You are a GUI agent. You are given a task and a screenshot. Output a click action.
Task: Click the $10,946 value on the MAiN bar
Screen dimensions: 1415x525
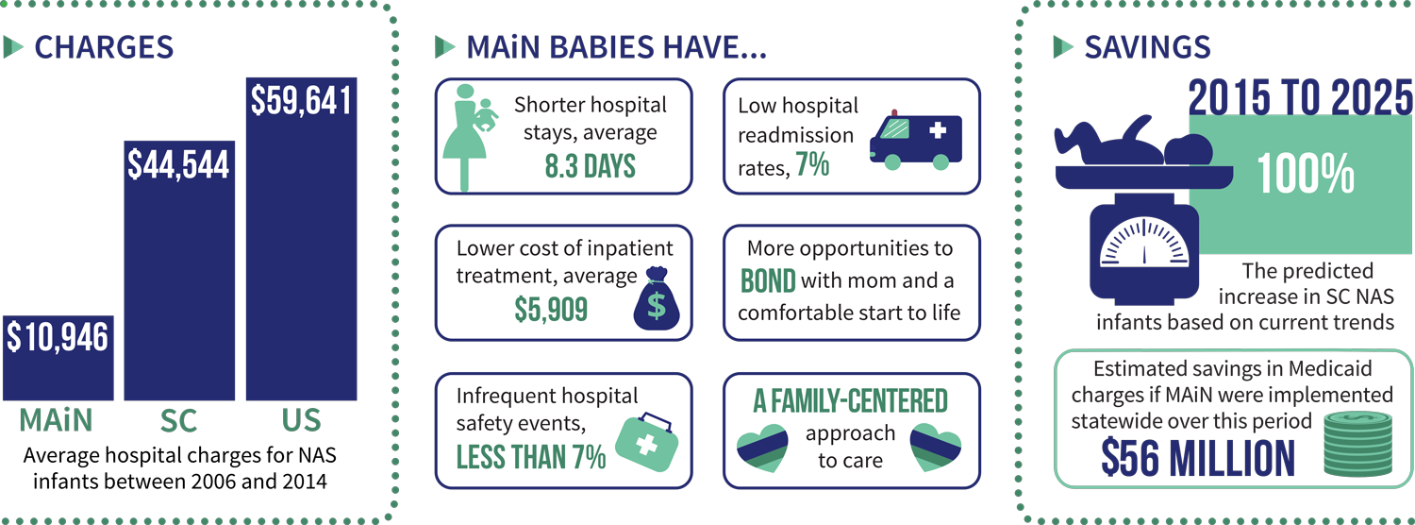tap(58, 337)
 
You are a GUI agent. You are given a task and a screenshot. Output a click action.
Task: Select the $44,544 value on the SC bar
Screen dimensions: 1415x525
tap(179, 165)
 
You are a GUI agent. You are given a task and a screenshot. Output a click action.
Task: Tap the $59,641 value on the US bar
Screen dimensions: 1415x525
tap(301, 101)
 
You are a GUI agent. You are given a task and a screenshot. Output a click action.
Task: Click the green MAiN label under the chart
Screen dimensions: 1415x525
tap(57, 420)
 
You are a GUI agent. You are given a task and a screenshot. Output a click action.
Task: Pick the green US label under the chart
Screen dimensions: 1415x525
tap(301, 420)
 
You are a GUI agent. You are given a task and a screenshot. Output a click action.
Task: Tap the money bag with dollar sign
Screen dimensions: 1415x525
tap(657, 298)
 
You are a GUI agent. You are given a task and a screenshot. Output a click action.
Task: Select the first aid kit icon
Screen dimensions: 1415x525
tap(647, 442)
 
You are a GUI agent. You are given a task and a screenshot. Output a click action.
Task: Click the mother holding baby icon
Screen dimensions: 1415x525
tap(470, 137)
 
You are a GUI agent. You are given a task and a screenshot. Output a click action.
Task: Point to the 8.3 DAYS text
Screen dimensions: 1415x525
tap(590, 166)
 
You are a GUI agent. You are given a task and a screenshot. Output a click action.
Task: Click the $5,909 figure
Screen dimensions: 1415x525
tap(551, 310)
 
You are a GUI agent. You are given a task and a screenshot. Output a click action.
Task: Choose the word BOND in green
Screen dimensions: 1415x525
tap(768, 280)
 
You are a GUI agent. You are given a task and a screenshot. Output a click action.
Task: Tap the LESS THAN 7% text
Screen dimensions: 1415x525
tap(530, 457)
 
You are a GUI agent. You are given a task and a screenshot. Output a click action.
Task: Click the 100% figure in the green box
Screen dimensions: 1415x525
tap(1306, 173)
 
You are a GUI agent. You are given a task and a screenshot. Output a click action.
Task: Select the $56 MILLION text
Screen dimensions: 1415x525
tap(1198, 458)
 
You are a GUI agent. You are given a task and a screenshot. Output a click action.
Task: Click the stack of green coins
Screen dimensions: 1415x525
tap(1357, 444)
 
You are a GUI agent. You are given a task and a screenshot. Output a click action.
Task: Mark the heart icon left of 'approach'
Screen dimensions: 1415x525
tap(762, 449)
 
